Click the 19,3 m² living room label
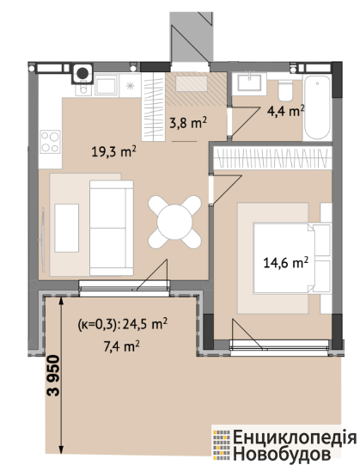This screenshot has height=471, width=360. click(114, 151)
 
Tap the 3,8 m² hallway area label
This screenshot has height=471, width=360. click(188, 123)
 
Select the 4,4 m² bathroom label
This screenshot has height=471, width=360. click(286, 111)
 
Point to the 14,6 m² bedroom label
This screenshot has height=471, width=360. click(286, 263)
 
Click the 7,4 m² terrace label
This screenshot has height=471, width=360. click(121, 346)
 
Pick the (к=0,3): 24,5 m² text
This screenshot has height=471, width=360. click(123, 324)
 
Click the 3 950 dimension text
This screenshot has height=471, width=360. click(54, 376)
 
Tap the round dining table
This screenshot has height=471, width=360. click(174, 222)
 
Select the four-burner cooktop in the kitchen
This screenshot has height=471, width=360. click(50, 142)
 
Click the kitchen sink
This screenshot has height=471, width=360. click(106, 85)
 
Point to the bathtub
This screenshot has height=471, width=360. click(317, 107)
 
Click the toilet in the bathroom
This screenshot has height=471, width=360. click(285, 89)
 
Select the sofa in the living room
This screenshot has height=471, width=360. click(112, 228)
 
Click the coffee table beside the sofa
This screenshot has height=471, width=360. click(67, 228)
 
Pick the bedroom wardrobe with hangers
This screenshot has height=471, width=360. click(272, 157)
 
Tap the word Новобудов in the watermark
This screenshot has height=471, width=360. click(282, 454)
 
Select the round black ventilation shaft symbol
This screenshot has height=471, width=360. click(82, 73)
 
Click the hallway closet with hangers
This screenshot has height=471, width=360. click(153, 107)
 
